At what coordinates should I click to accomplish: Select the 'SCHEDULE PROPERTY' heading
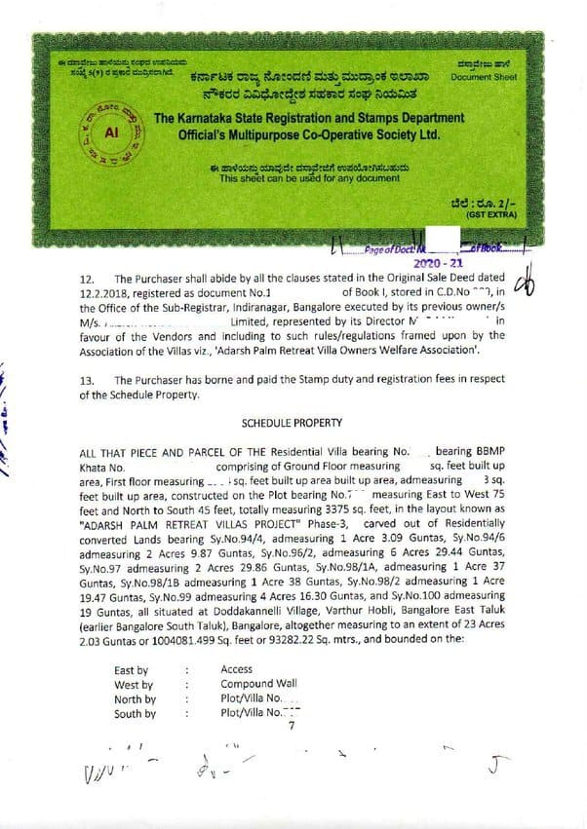tap(293, 425)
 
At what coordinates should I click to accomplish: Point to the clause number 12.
tap(87, 279)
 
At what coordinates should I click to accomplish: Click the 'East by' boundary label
tap(131, 669)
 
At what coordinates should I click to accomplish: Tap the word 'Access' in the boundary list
tap(237, 669)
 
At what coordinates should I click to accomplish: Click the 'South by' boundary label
tap(135, 713)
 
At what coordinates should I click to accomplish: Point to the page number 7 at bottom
tap(291, 726)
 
